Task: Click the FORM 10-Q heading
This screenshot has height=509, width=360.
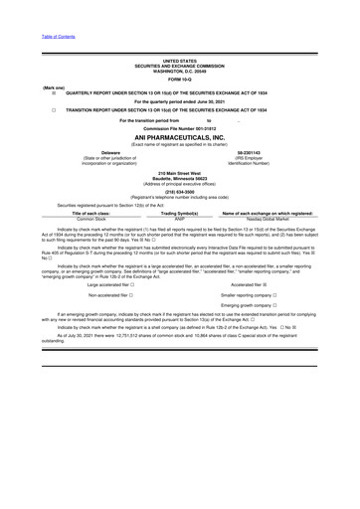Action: click(180, 79)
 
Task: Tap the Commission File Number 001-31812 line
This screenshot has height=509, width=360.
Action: click(180, 129)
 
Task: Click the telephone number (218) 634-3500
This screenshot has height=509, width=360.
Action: click(180, 192)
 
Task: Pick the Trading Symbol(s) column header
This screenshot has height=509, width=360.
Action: click(180, 214)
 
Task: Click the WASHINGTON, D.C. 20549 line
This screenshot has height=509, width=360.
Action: click(180, 70)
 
